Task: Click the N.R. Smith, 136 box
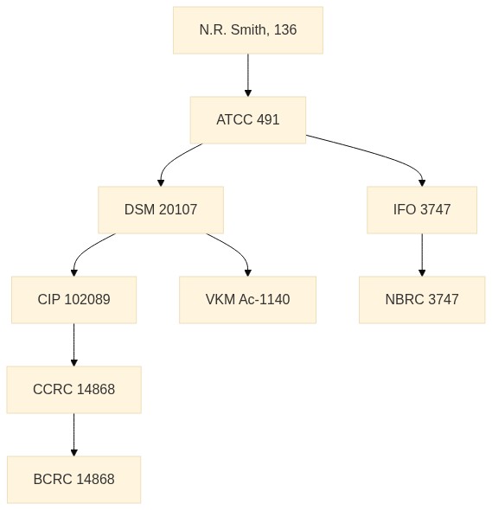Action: click(x=248, y=30)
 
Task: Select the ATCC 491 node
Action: click(x=248, y=120)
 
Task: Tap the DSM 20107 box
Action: click(x=161, y=210)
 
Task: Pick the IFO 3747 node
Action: click(x=422, y=210)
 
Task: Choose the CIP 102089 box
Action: click(x=73, y=300)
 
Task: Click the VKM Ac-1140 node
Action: click(x=247, y=300)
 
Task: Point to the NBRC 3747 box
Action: click(x=422, y=300)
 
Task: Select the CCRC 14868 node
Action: click(x=73, y=390)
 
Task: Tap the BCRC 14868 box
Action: click(x=73, y=480)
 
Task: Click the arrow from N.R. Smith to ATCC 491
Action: click(x=248, y=75)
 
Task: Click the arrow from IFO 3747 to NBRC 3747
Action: click(x=422, y=255)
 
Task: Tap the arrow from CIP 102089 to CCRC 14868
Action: click(x=73, y=345)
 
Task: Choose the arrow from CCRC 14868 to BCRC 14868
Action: click(x=73, y=435)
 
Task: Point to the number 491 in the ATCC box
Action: click(x=268, y=119)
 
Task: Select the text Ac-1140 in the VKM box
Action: click(x=265, y=300)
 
